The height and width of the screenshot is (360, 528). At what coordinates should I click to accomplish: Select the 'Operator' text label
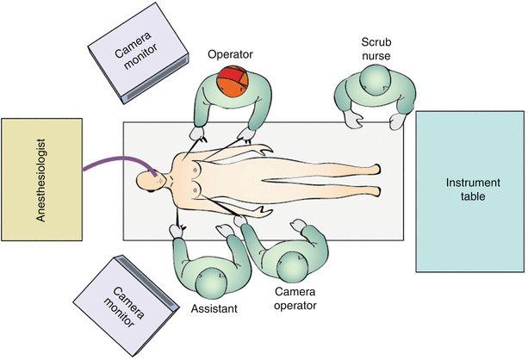[x=229, y=54]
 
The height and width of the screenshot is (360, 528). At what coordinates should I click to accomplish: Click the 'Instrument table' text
[x=467, y=189]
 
